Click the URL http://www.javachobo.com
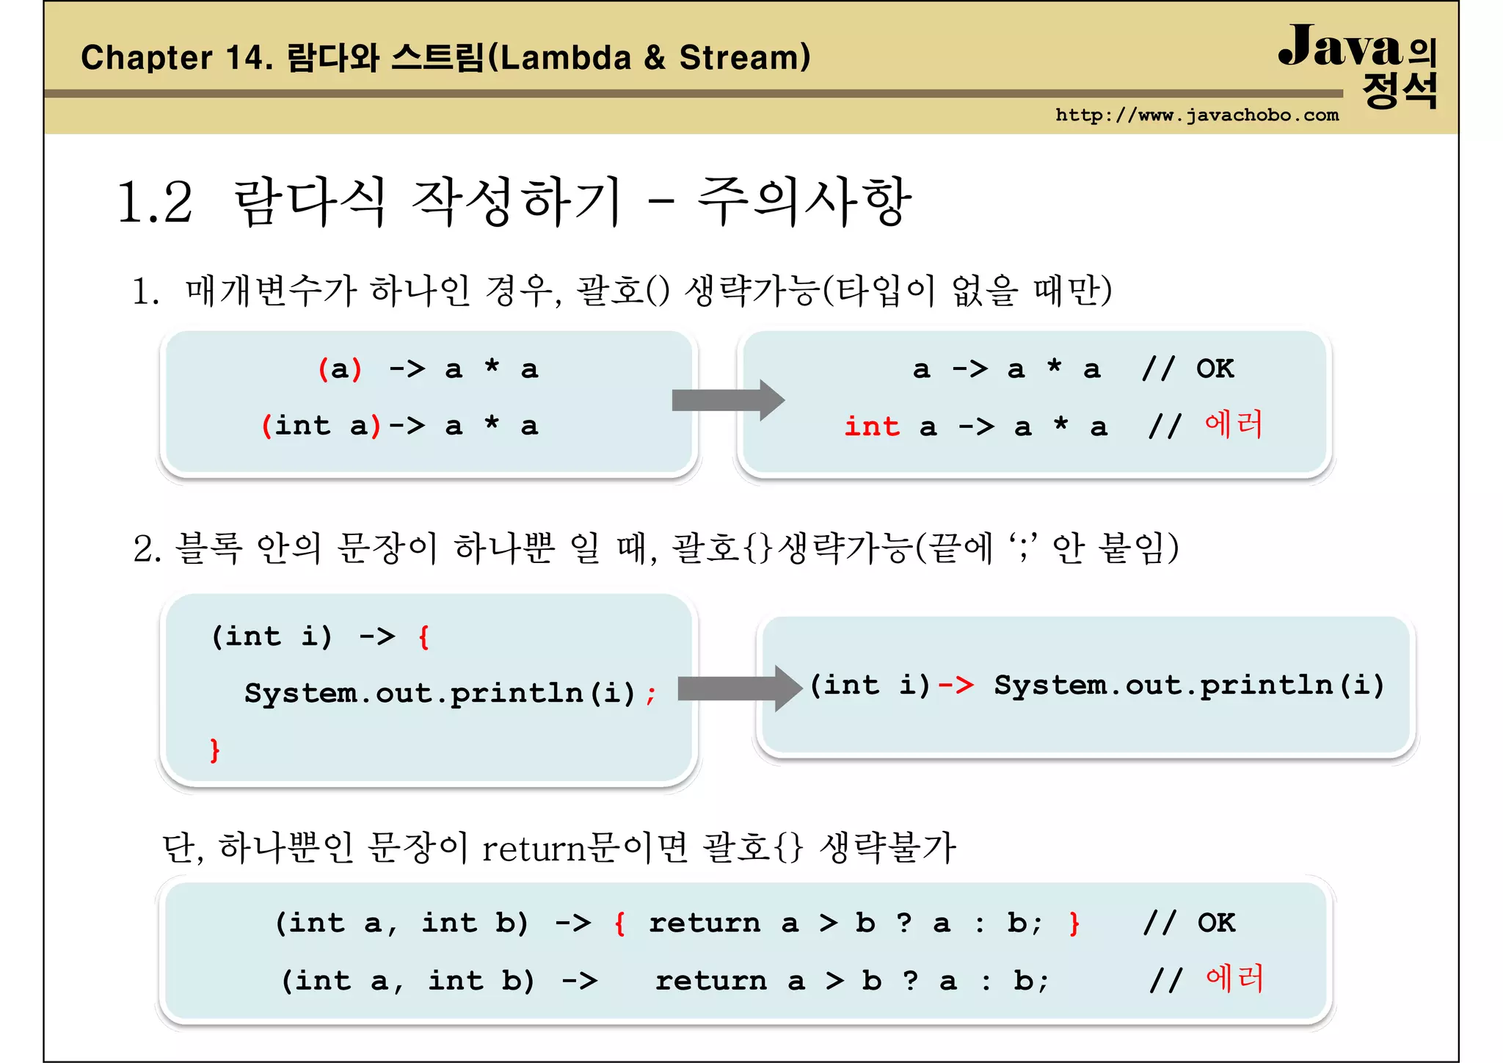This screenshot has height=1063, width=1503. tap(1196, 115)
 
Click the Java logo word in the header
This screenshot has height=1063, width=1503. tap(1340, 47)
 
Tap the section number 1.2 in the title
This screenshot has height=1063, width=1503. tap(155, 203)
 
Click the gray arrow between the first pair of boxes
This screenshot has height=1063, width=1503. tap(727, 400)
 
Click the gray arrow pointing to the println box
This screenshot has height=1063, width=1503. tap(738, 689)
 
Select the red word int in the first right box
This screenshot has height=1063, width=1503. tap(871, 427)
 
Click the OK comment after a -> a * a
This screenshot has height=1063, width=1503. tap(1215, 369)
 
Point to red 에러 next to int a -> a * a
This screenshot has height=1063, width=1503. tap(1233, 425)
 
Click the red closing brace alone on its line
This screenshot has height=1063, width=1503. tap(214, 750)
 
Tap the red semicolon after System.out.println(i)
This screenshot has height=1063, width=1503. tap(650, 694)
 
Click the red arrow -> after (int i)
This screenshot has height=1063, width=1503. tap(956, 685)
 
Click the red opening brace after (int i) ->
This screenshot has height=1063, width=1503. tap(423, 636)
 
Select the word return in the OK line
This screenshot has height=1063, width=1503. tap(704, 923)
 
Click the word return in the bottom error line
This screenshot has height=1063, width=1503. tap(710, 981)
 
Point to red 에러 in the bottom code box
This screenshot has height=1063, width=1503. tap(1234, 979)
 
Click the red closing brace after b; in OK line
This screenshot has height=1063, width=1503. tap(1074, 923)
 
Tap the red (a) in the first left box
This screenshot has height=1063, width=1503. tap(340, 369)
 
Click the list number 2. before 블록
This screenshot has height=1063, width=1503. tap(147, 549)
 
